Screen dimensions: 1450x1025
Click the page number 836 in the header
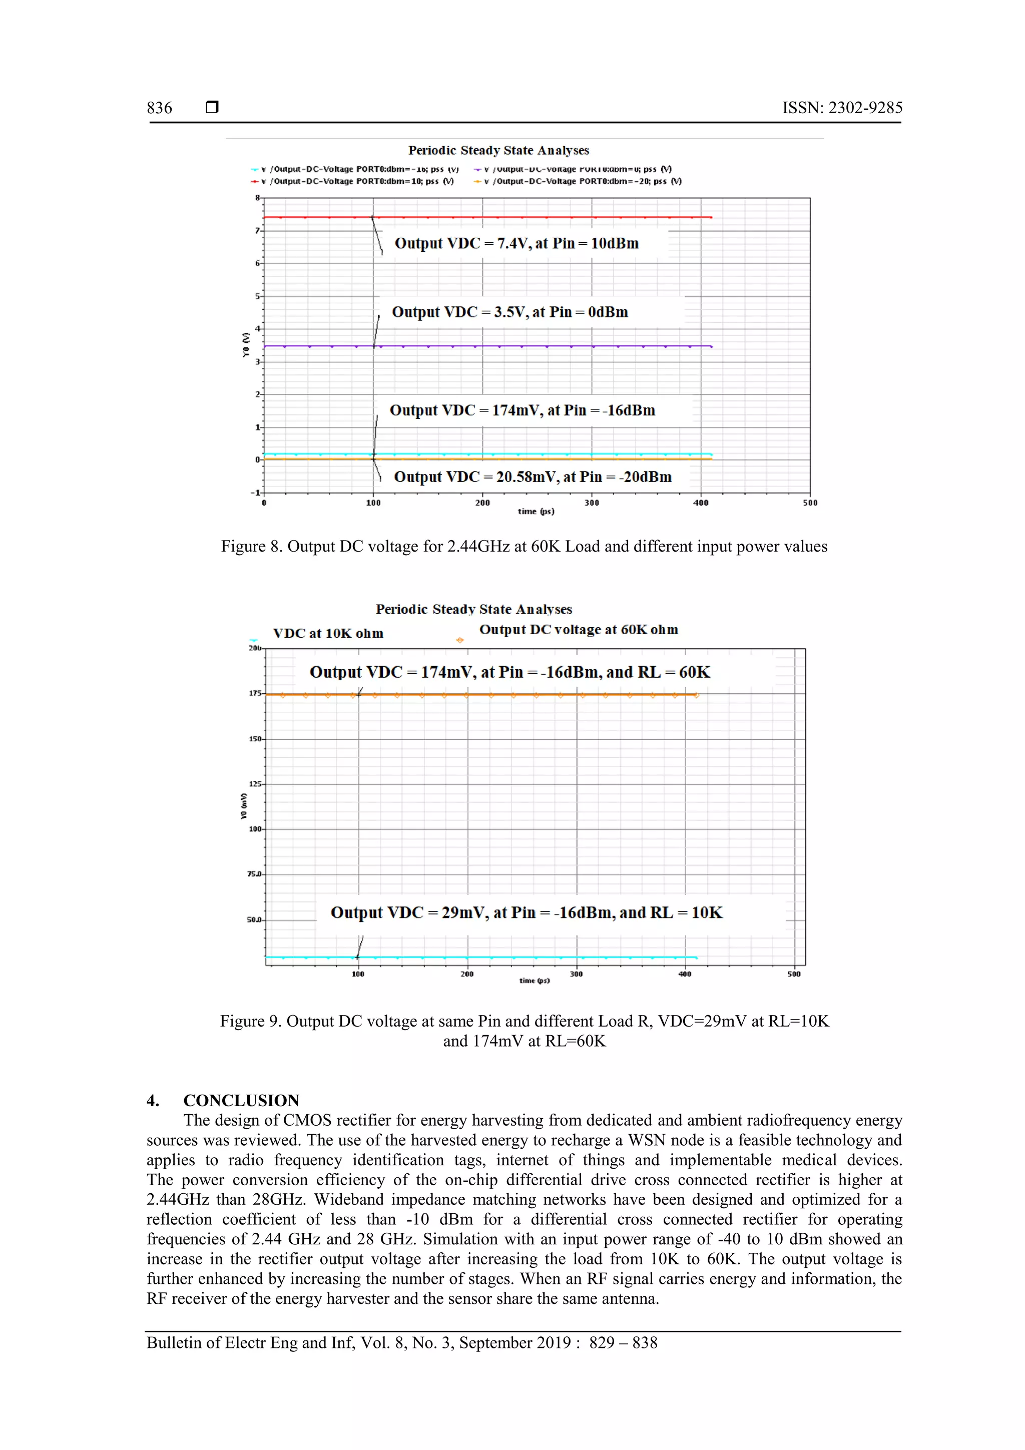pyautogui.click(x=159, y=108)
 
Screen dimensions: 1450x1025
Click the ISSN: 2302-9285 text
pyautogui.click(x=842, y=108)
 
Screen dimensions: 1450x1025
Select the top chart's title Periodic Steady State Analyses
pyautogui.click(x=498, y=150)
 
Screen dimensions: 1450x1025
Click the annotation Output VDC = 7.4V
pyautogui.click(x=516, y=244)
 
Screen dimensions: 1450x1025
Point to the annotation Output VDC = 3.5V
pyautogui.click(x=509, y=312)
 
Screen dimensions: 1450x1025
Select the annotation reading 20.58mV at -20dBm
pyautogui.click(x=533, y=477)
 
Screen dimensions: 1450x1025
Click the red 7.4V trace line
pyautogui.click(x=537, y=217)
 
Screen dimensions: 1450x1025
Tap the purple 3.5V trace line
pyautogui.click(x=537, y=346)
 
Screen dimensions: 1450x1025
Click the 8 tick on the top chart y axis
pyautogui.click(x=257, y=198)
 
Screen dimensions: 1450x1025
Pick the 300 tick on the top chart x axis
pyautogui.click(x=592, y=503)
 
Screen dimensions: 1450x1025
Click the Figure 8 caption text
pyautogui.click(x=524, y=546)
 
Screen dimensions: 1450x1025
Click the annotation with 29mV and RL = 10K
pyautogui.click(x=526, y=912)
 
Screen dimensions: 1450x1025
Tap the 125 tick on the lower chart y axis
pyautogui.click(x=255, y=784)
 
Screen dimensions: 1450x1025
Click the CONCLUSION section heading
pyautogui.click(x=241, y=1100)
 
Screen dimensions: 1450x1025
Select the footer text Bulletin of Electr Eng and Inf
pyautogui.click(x=402, y=1343)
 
